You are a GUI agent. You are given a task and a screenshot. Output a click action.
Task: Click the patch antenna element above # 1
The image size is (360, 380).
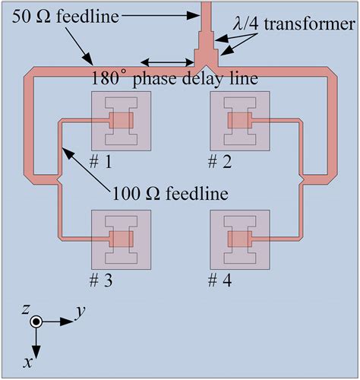[x=121, y=121]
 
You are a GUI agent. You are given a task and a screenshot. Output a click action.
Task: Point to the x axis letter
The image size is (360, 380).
[x=28, y=363]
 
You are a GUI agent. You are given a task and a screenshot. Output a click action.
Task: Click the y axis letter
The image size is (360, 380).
[x=79, y=312]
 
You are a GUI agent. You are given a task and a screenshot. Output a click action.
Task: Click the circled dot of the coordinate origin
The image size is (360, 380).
[x=36, y=322]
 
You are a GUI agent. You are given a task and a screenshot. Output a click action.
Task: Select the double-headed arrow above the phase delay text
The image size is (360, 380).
[x=163, y=62]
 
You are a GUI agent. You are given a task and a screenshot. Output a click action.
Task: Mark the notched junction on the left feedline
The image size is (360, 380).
[x=58, y=179]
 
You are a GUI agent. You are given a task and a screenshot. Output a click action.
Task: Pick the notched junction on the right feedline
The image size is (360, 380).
[x=302, y=179]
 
